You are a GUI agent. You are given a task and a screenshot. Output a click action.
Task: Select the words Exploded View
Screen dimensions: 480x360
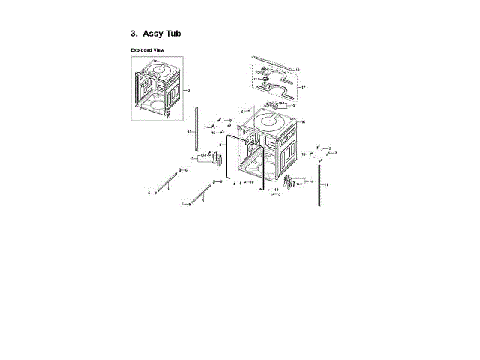coord(147,50)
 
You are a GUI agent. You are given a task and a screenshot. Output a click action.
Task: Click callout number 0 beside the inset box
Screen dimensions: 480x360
coord(189,90)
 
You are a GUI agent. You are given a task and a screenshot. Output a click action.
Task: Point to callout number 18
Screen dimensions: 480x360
coord(298,70)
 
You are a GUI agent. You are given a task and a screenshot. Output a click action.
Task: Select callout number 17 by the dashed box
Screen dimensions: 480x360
coord(304,88)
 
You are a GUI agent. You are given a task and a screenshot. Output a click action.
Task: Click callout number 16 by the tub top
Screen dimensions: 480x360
coord(303,121)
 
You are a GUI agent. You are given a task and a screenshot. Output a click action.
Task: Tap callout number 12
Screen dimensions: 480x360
coord(190,132)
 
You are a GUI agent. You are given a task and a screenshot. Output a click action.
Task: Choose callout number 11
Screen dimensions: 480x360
coord(326,184)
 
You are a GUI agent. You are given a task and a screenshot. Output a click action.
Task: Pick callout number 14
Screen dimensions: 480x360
coord(311,181)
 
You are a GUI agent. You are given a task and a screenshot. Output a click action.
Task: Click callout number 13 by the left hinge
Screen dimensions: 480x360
coord(192,159)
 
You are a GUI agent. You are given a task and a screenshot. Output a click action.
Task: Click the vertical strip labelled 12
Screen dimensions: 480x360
coord(196,130)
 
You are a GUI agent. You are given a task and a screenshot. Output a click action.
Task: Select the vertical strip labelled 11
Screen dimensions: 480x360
coord(320,185)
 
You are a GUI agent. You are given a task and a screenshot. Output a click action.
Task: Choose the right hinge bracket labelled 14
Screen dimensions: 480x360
coord(290,181)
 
